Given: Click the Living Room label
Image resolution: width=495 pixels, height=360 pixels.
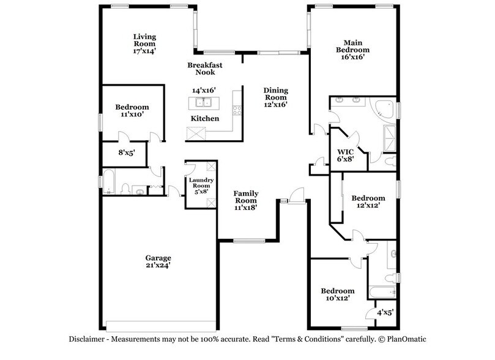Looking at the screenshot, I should click(x=146, y=37).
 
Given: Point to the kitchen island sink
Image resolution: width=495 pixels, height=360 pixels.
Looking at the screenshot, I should click(x=203, y=102).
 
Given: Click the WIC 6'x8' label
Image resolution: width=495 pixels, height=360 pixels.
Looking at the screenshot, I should click(x=346, y=153).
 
